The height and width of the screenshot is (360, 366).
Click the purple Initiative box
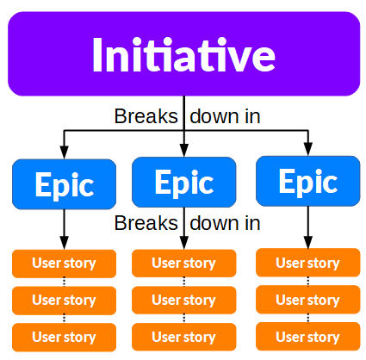183,53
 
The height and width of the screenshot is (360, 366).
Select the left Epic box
64,184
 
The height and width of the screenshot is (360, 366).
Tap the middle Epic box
183,183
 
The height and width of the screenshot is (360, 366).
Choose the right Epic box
308,182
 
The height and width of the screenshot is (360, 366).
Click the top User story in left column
64,263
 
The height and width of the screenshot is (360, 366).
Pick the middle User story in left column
64,300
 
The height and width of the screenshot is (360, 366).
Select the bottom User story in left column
64,336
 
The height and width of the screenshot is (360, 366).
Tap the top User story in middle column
183,263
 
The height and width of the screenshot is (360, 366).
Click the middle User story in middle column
183,300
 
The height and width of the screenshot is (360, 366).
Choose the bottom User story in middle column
183,336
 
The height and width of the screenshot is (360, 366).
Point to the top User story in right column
308,262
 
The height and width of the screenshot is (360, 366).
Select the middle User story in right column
308,299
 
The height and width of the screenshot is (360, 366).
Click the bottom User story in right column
308,336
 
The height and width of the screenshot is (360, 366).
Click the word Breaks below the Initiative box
146,115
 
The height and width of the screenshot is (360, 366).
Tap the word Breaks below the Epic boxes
146,223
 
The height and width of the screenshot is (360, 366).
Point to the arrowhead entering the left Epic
64,153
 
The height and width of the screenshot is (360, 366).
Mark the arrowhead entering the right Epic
308,150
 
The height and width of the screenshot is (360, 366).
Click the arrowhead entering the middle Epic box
183,152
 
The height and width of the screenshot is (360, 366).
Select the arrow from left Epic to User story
64,228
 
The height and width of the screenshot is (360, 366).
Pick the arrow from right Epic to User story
308,228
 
